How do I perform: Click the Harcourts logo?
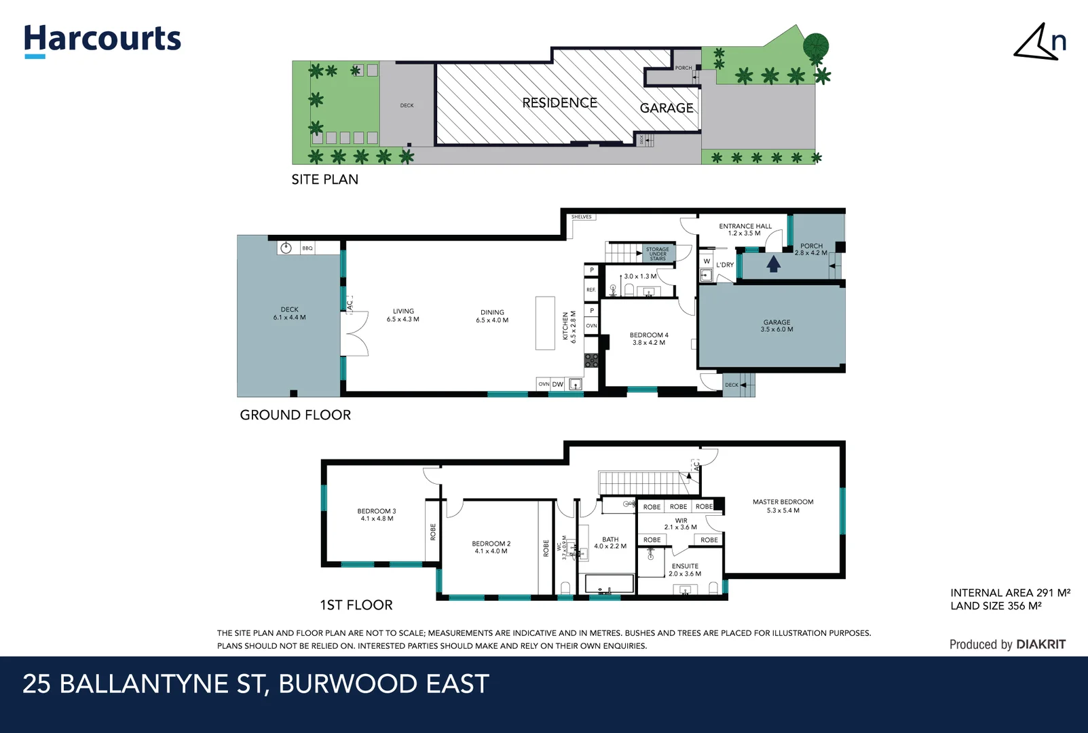coord(102,40)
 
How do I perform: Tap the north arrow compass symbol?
coord(1038,43)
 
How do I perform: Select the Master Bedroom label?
coord(783,502)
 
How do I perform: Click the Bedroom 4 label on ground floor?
coord(649,335)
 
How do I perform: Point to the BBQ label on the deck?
coord(307,248)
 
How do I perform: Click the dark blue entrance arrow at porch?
coord(773,263)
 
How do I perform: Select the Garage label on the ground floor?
coord(776,322)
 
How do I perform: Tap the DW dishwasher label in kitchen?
coord(558,385)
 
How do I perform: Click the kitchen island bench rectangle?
coord(545,323)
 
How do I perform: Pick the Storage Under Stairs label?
coord(657,254)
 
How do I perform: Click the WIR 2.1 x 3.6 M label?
coord(681,524)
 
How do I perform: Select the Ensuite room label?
coord(685,566)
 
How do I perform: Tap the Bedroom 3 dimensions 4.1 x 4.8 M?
coord(377,519)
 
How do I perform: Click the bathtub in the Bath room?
coord(609,584)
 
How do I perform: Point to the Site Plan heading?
coord(325,180)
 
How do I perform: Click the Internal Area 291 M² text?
coord(1010,593)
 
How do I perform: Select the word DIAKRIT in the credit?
coord(1040,645)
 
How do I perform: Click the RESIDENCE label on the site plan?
coord(559,103)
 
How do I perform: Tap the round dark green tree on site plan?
coord(816,46)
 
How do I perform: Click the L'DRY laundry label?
coord(725,265)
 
